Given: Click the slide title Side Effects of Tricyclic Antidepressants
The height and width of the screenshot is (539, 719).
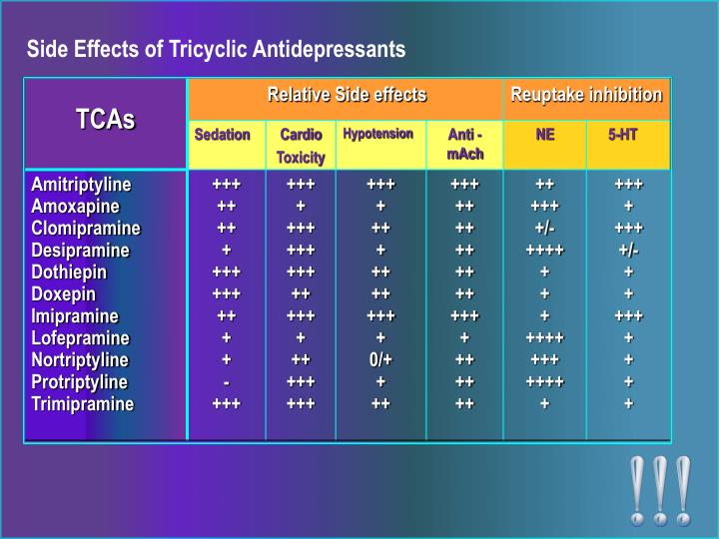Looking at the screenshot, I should click(x=216, y=49).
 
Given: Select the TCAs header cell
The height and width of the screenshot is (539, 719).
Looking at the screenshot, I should click(x=105, y=121).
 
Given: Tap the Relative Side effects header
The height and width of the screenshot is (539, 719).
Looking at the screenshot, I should click(x=346, y=95).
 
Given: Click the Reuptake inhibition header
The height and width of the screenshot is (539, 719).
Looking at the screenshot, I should click(x=586, y=95).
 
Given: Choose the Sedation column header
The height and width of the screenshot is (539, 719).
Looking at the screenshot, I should click(x=222, y=135).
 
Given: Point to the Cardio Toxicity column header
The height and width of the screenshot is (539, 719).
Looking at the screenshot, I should click(x=301, y=146).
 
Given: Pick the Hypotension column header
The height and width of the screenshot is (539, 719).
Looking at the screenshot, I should click(x=377, y=134).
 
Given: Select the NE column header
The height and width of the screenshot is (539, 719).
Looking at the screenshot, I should click(x=545, y=135).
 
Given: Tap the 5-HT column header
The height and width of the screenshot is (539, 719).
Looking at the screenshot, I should click(x=623, y=135).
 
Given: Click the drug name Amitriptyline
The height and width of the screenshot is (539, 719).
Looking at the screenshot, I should click(x=81, y=185).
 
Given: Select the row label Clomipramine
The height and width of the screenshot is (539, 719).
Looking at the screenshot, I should click(x=86, y=229).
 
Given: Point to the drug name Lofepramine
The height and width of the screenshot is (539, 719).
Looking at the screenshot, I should click(x=80, y=338).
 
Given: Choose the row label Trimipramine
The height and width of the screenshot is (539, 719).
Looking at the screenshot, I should click(x=82, y=404).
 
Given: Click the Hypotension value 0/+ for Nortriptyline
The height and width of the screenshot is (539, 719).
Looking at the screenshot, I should click(x=380, y=360).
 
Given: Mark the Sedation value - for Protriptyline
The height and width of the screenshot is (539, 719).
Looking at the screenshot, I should click(x=227, y=382).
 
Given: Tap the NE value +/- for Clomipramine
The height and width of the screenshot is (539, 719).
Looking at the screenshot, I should click(x=544, y=229).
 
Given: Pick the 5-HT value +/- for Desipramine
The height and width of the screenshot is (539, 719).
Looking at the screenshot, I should click(x=628, y=251).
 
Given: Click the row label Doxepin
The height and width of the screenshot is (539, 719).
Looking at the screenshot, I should click(x=63, y=294).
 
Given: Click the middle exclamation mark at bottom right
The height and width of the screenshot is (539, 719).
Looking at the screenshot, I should click(x=660, y=490).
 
